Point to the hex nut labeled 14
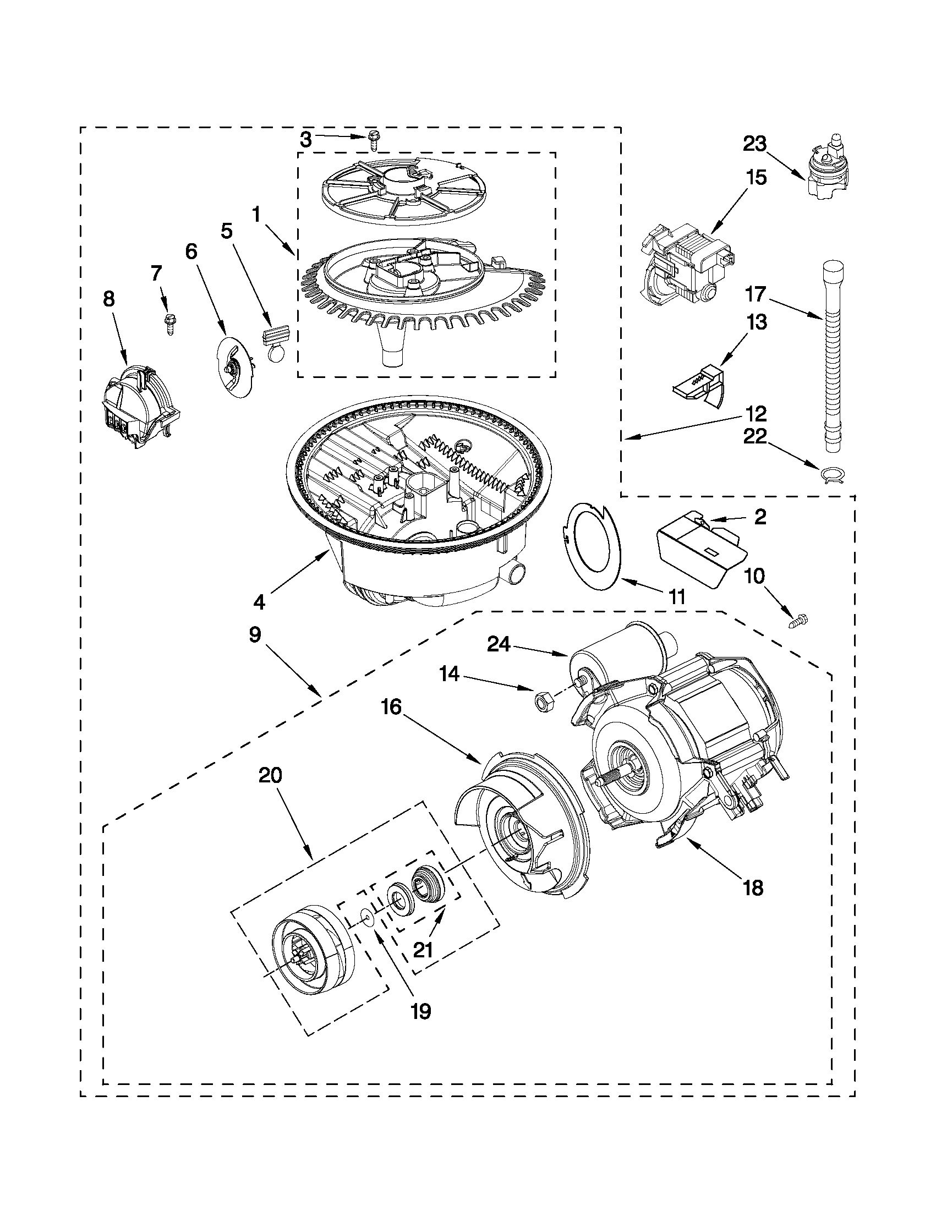[538, 702]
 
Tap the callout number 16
[391, 708]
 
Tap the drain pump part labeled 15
[685, 263]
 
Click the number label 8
[110, 299]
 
